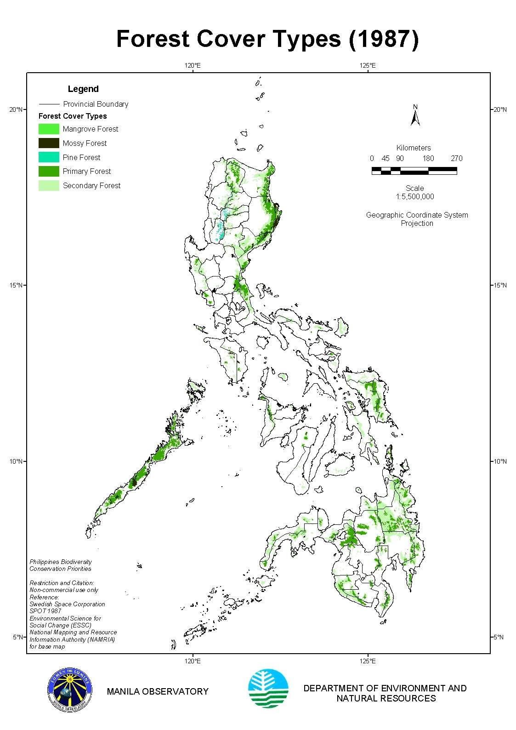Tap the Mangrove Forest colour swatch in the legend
pos(49,129)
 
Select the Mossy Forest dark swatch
pos(49,143)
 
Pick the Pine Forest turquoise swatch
pos(49,157)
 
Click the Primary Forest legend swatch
pos(49,172)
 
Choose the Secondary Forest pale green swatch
pos(49,186)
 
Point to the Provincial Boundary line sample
pos(50,104)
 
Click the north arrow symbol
pos(415,116)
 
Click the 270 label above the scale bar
pos(456,158)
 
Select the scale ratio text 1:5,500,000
pos(414,196)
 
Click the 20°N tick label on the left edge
pos(16,109)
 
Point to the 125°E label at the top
pos(368,65)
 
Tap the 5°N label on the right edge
pos(499,637)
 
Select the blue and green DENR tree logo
pos(268,689)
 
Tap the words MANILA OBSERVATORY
pos(158,691)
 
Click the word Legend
pos(83,89)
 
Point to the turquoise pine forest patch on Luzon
pos(220,230)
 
